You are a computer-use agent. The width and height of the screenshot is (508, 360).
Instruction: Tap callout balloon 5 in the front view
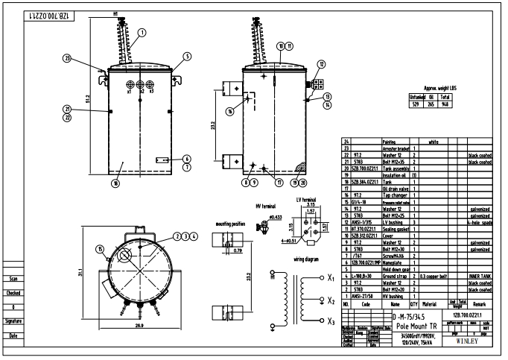(188, 55)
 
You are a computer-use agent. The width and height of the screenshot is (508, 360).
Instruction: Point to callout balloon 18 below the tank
(115, 182)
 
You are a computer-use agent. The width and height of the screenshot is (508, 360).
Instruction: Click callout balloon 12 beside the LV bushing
(321, 63)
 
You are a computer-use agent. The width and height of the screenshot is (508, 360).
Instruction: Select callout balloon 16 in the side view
(230, 111)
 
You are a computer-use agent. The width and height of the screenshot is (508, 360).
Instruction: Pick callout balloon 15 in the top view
(100, 248)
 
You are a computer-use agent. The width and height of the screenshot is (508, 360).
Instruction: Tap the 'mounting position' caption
(231, 223)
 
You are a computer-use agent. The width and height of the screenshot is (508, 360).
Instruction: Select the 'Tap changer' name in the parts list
(391, 194)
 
